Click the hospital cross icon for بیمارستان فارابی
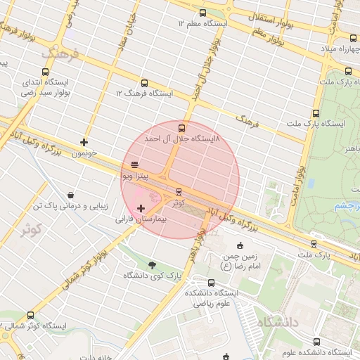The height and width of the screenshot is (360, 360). pos(141,208)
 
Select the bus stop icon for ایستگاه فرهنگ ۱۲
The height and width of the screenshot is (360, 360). pos(144,83)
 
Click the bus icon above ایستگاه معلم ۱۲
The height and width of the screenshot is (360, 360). pos(203,13)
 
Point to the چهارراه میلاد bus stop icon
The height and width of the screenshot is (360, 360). pos(353,38)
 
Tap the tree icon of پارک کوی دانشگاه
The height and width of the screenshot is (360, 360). pos(153,265)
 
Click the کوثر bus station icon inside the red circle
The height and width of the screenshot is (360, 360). pos(179,191)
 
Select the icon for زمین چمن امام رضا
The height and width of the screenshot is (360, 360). pos(240,245)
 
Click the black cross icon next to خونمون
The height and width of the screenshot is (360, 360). pos(84,142)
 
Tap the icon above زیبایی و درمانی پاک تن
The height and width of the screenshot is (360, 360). pos(70,195)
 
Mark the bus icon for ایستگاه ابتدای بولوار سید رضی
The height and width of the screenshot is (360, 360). pos(46,72)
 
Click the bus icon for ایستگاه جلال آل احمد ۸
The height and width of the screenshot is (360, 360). pos(182,128)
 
